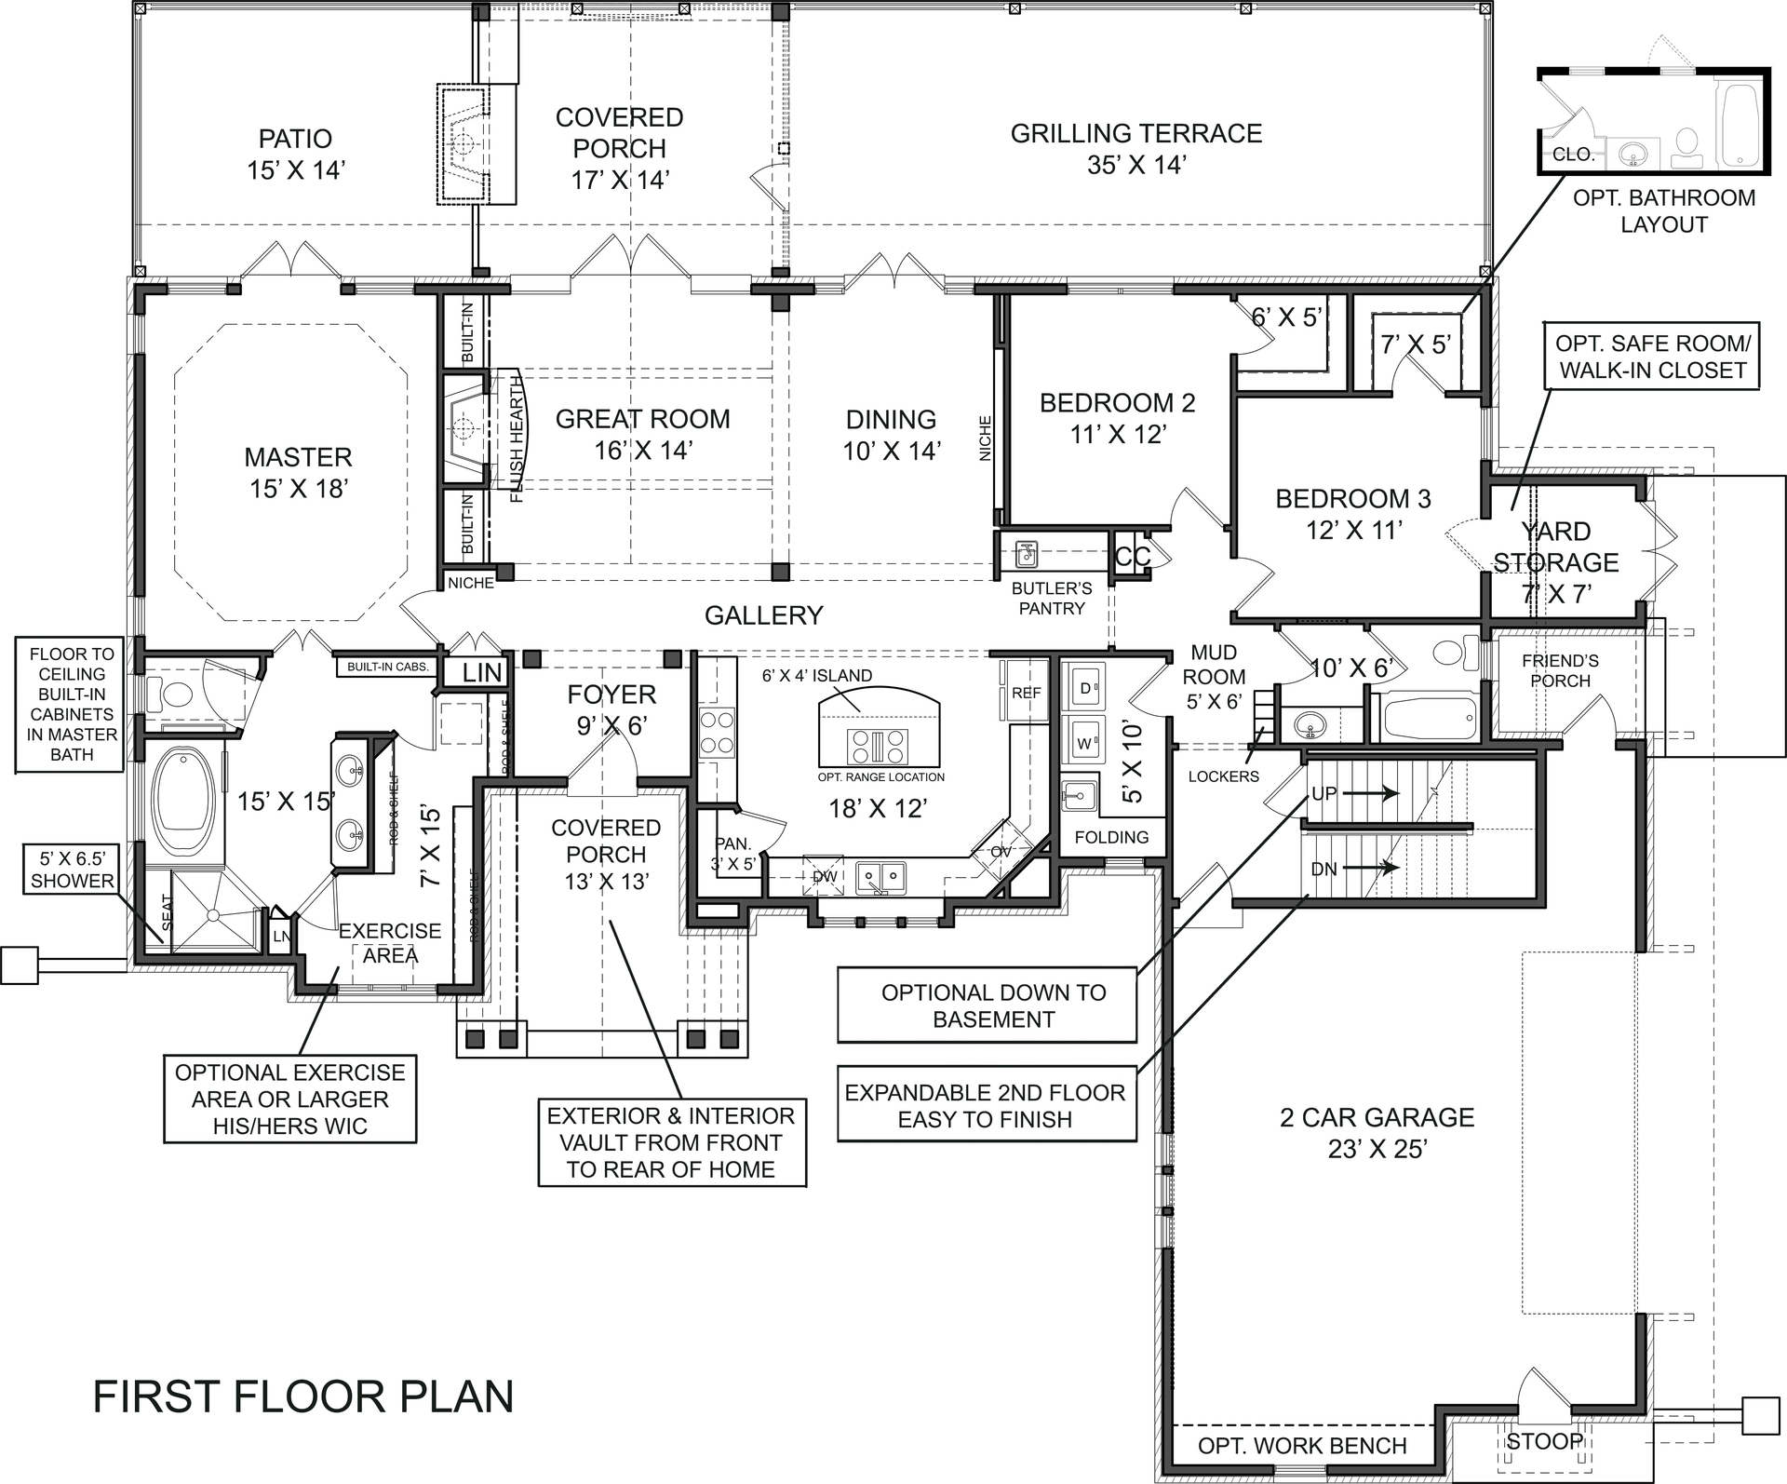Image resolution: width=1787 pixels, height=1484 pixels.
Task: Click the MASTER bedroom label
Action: (x=298, y=472)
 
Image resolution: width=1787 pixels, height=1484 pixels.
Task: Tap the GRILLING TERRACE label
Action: (x=1135, y=148)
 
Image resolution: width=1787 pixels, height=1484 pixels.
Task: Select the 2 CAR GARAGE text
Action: (x=1377, y=1132)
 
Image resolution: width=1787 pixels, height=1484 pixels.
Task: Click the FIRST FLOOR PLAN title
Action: (x=303, y=1397)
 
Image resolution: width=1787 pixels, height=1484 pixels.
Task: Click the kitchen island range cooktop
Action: (x=877, y=747)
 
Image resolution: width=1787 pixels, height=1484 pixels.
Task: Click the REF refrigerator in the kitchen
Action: (x=1026, y=693)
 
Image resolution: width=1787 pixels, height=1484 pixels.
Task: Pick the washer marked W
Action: (x=1083, y=743)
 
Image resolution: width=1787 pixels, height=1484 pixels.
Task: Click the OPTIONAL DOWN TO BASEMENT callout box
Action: (x=987, y=1005)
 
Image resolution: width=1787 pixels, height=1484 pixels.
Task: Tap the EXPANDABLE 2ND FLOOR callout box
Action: (x=987, y=1105)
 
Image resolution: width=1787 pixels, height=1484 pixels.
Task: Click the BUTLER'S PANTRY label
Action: (x=1052, y=599)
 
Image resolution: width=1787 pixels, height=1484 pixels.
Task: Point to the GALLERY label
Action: (x=763, y=615)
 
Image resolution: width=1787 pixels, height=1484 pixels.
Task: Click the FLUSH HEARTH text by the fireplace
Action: (x=517, y=445)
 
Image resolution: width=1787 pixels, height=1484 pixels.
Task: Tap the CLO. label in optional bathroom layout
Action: (x=1574, y=155)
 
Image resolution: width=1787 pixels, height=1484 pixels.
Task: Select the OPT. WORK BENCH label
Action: (x=1302, y=1445)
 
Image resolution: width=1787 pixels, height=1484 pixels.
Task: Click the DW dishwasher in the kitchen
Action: (x=825, y=876)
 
